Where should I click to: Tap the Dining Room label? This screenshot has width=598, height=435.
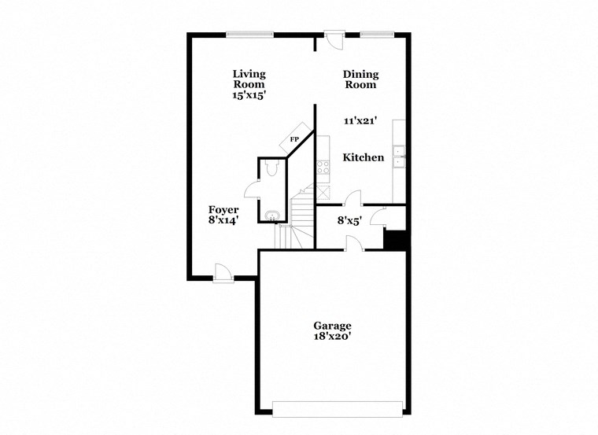coord(360,79)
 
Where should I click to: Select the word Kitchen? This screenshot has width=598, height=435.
coord(364,157)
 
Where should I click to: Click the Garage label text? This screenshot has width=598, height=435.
coord(332,326)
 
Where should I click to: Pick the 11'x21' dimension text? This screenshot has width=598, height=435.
coord(360,121)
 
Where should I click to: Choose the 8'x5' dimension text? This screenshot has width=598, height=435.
coord(349,221)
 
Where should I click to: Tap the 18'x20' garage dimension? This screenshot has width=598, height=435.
coord(332,338)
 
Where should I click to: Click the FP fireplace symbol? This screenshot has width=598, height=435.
coord(296,138)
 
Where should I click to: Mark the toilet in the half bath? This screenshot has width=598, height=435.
coord(271,167)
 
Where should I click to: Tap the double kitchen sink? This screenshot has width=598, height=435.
coord(399,157)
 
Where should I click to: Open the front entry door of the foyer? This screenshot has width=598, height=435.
coord(223,272)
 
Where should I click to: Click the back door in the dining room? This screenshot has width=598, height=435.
coord(334,39)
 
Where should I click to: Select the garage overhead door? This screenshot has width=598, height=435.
coord(338,407)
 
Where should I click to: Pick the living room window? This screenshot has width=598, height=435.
coord(249,33)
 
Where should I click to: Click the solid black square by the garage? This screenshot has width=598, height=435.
coord(395,240)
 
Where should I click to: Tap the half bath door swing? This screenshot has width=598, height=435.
coord(253,188)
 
